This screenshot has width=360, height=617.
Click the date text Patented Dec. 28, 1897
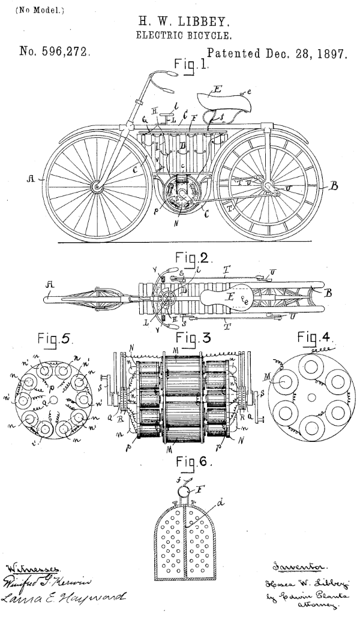[277, 53]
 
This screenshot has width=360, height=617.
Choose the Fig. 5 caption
[55, 339]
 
